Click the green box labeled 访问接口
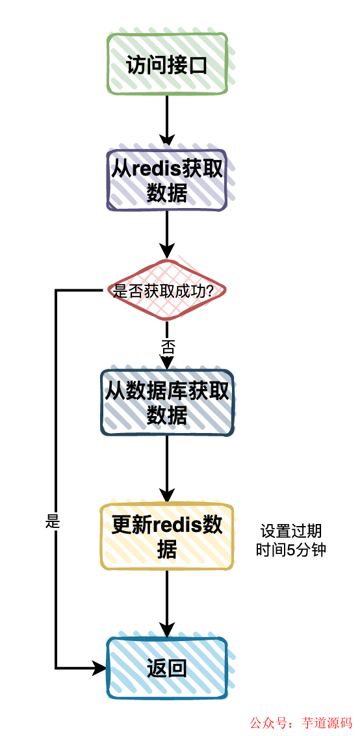tap(167, 64)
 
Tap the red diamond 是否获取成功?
tap(167, 291)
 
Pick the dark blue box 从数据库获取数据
tap(167, 402)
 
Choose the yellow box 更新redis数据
tap(167, 536)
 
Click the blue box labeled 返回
tap(167, 667)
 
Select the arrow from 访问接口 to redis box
tap(167, 117)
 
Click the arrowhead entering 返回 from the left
tap(100, 667)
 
